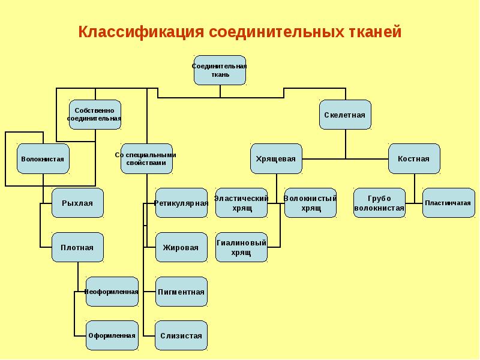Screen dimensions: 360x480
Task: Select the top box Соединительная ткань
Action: (219, 70)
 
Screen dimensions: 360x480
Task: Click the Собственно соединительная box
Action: (95, 115)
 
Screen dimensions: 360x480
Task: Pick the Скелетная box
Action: (344, 115)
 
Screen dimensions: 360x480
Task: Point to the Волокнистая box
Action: (43, 159)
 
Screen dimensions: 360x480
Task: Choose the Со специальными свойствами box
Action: (146, 158)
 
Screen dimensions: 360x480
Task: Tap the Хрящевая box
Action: (275, 159)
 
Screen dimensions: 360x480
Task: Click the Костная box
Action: (413, 159)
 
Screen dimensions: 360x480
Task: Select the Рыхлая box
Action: (77, 203)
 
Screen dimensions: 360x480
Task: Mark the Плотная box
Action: (77, 247)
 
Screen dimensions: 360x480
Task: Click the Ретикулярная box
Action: (181, 203)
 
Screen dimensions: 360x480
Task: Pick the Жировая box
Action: (181, 247)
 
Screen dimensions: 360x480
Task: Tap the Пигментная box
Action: (181, 292)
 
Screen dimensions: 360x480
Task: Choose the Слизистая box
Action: (181, 335)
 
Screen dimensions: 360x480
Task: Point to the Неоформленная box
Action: (112, 292)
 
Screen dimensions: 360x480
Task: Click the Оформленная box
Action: (112, 335)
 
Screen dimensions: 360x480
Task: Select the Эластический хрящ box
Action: (241, 203)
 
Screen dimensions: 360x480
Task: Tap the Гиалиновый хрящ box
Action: (241, 247)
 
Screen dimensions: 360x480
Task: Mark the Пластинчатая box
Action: (448, 203)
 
